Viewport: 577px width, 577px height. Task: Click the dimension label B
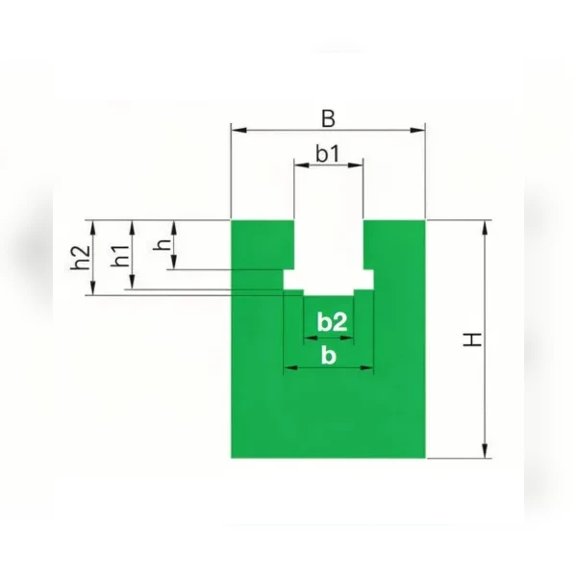[328, 118]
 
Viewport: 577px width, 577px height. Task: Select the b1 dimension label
[328, 154]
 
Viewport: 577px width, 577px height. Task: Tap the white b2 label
[332, 322]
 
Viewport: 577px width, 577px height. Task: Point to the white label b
[329, 356]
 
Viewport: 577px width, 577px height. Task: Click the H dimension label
[472, 339]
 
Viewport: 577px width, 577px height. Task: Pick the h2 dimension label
[80, 257]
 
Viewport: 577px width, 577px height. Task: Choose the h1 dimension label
[121, 256]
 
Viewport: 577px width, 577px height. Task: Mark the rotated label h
[162, 244]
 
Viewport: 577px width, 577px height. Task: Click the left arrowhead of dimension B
[238, 130]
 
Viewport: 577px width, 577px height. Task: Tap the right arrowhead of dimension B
[417, 130]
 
